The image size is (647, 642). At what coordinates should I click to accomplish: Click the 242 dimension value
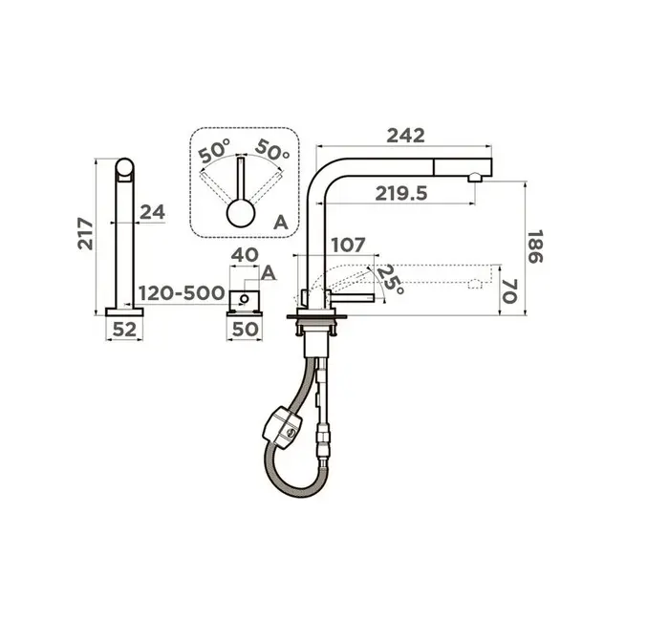[x=405, y=136]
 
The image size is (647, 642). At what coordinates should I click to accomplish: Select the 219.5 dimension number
[x=401, y=194]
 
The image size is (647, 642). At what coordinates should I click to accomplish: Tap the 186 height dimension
[x=535, y=246]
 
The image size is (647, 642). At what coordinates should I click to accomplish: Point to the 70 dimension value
[x=508, y=290]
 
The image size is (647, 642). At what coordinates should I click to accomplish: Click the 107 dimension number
[x=348, y=246]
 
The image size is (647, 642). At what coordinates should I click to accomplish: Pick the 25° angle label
[x=390, y=279]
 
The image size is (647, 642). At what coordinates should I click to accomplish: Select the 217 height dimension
[x=85, y=233]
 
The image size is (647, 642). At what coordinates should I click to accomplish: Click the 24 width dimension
[x=152, y=212]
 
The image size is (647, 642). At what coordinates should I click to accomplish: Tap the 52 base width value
[x=124, y=330]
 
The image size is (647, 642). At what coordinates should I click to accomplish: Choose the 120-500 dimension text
[x=182, y=293]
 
